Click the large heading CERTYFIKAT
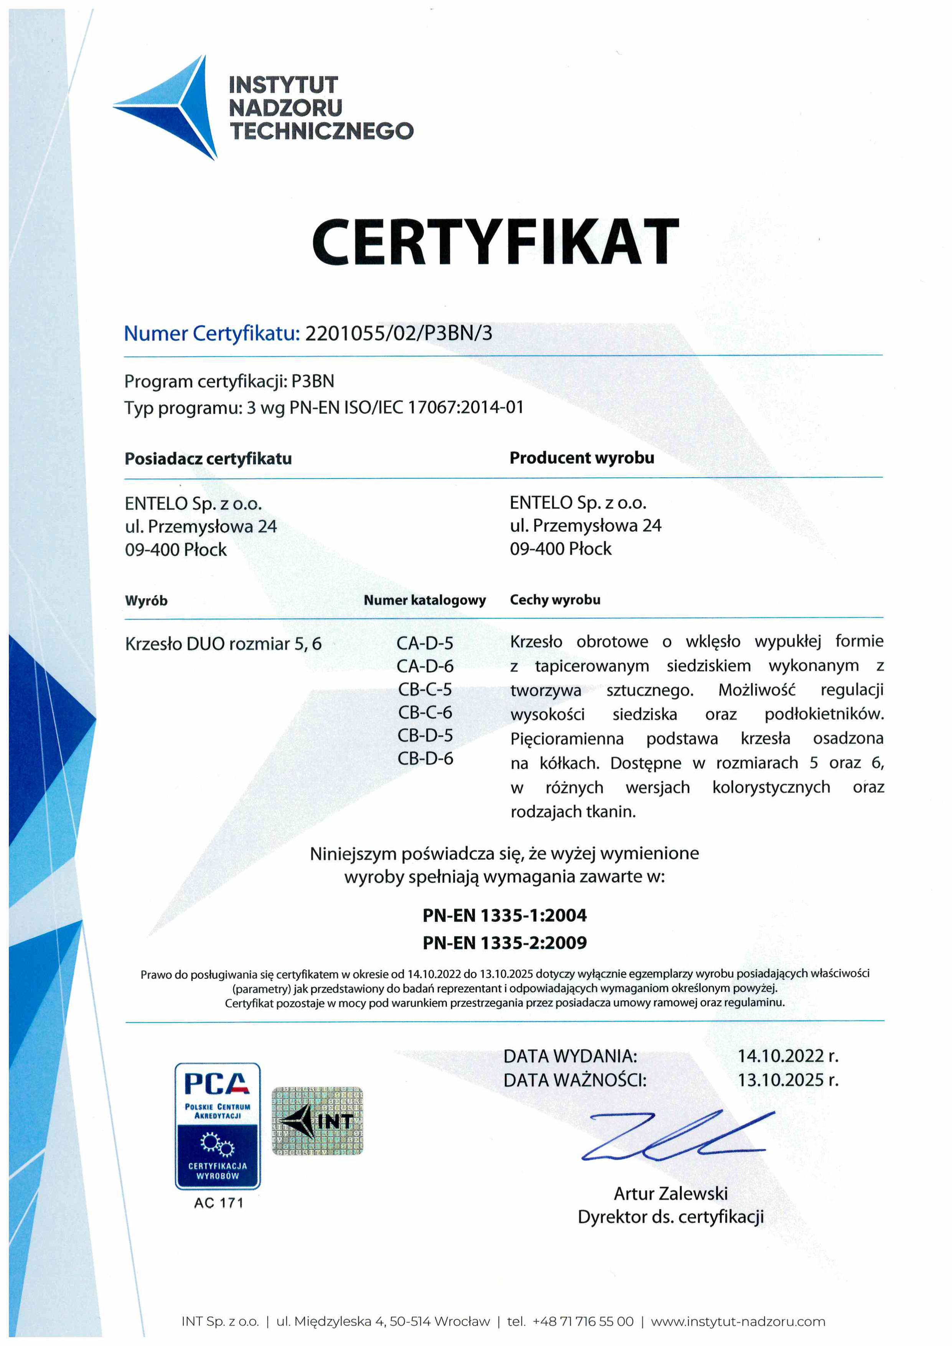click(495, 242)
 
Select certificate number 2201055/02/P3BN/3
click(399, 333)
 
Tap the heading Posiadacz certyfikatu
click(208, 458)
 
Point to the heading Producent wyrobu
click(581, 458)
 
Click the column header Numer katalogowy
click(425, 600)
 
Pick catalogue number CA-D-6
click(425, 666)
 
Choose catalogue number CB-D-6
click(425, 758)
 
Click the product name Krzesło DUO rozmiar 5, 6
click(223, 644)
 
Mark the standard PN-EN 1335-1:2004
click(504, 915)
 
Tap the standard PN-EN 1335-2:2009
click(504, 943)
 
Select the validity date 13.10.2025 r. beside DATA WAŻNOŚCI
click(787, 1080)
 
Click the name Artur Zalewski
click(670, 1194)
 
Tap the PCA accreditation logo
click(217, 1126)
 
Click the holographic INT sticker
click(317, 1121)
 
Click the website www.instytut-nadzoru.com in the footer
click(738, 1321)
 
